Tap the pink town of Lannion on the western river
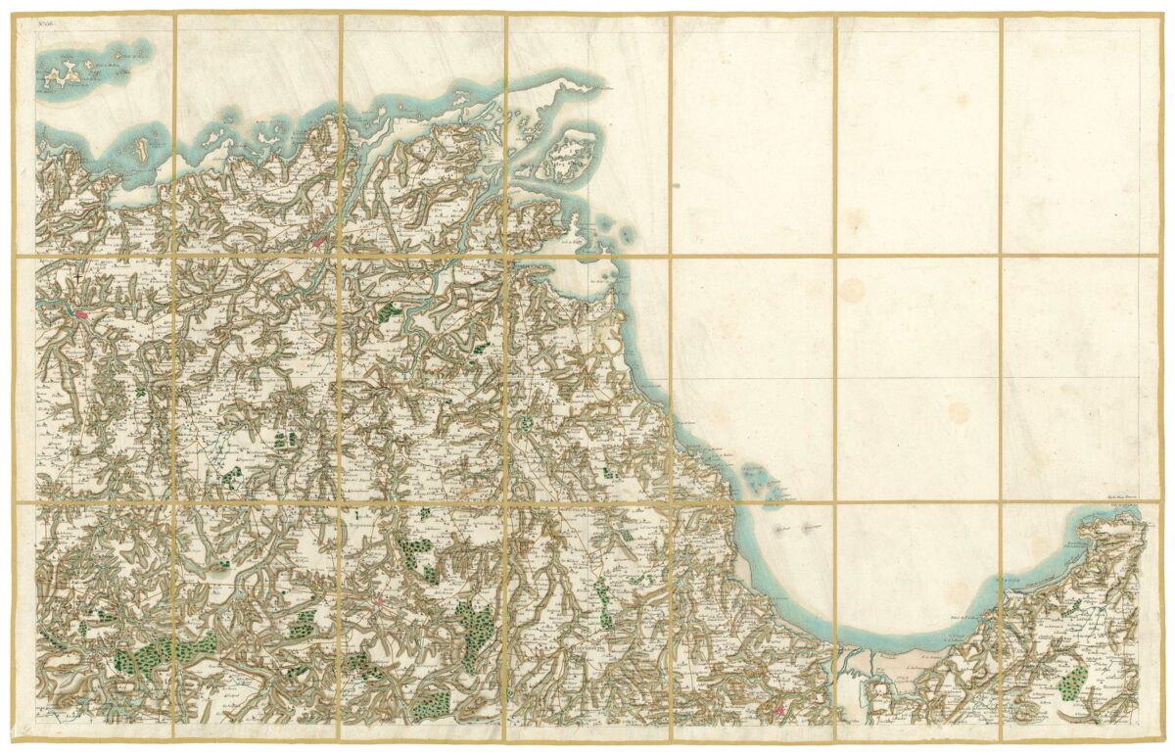click(81, 314)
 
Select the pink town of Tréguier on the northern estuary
click(320, 239)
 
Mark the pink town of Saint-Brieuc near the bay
click(779, 711)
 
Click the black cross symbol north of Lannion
click(76, 280)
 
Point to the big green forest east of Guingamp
click(477, 627)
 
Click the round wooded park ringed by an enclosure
click(526, 424)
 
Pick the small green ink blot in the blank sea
click(674, 183)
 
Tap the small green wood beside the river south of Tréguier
click(390, 311)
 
